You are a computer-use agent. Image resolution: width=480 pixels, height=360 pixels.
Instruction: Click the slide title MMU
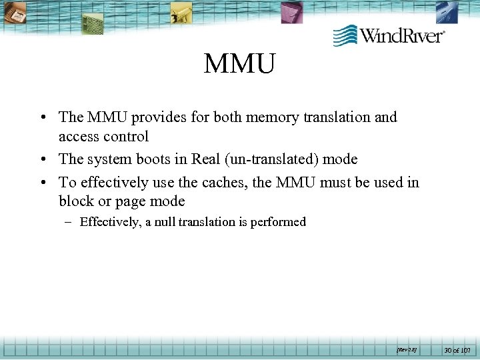coord(239,65)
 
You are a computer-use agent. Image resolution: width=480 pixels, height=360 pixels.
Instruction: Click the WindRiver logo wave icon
coord(345,35)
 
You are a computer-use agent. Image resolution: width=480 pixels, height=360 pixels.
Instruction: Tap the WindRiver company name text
coord(402,35)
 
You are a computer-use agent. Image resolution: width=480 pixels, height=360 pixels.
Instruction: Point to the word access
coord(79,136)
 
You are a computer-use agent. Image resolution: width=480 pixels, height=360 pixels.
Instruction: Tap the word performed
coord(278,222)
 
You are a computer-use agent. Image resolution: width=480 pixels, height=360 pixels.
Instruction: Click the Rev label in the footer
coord(406,349)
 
